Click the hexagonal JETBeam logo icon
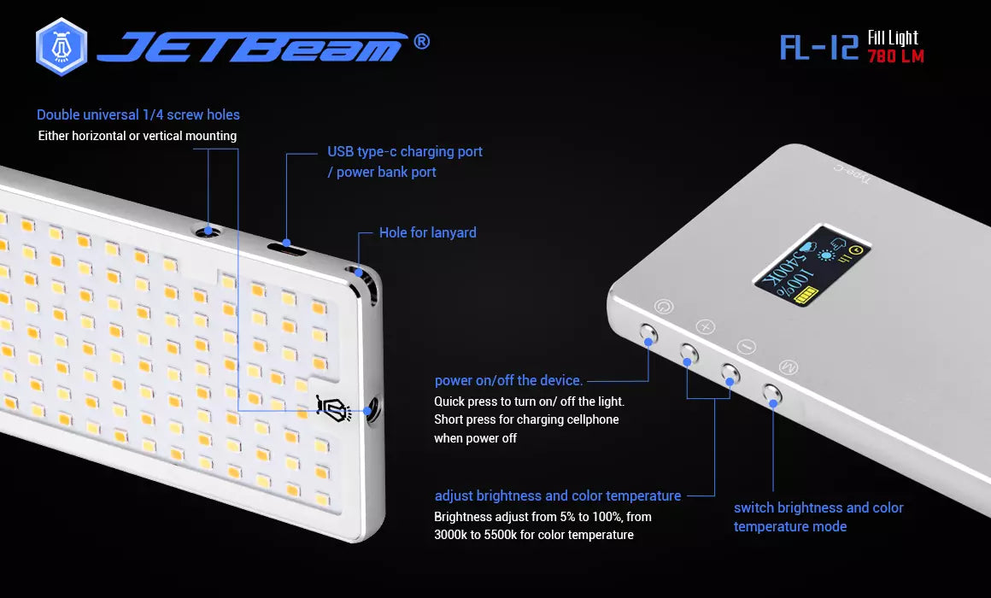coord(62,47)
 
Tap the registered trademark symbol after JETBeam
coord(421,42)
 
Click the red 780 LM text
coord(895,56)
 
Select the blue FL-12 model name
coord(819,47)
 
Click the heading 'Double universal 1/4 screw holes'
coord(138,115)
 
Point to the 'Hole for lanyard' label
coord(428,232)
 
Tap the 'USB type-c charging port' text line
coord(404,152)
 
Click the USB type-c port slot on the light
coord(286,248)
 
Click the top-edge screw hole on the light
coord(208,232)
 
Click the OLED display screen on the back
coord(812,266)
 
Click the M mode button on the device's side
coord(771,394)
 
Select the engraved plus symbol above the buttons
coord(706,326)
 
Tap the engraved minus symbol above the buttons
coord(747,346)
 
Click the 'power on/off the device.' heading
coord(509,380)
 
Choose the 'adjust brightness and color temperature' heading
coord(558,495)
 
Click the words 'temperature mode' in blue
coord(790,526)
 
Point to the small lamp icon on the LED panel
coord(334,408)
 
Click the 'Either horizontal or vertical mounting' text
coord(138,136)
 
